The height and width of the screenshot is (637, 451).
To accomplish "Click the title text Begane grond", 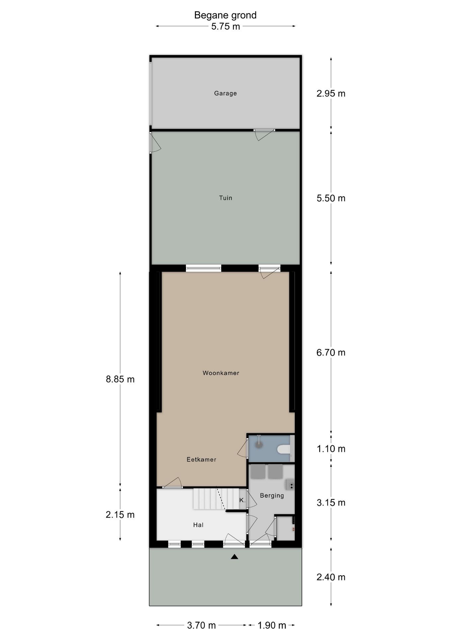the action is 225,15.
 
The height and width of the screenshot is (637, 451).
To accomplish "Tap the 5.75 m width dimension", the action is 225,26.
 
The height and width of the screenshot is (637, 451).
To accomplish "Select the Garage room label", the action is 225,93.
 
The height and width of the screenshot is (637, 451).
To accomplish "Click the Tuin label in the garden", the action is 225,198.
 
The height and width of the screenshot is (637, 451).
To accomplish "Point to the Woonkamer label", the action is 221,373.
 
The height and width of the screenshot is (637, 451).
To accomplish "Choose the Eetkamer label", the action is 201,460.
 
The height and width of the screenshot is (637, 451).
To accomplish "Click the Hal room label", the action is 198,525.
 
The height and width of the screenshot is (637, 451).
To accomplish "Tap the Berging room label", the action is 272,496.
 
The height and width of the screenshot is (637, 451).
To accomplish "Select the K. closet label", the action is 242,500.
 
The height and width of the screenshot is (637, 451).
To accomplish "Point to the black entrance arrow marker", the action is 234,557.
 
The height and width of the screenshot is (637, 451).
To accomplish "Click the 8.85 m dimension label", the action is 120,379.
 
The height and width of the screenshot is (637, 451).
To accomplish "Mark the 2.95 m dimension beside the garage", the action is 331,94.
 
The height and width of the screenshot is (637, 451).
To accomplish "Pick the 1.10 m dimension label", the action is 331,449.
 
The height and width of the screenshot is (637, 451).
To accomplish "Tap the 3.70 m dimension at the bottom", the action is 201,625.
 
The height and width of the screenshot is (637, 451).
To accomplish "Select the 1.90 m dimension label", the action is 272,625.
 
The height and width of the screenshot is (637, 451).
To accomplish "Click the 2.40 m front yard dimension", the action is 331,577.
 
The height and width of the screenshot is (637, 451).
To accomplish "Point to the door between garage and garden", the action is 264,134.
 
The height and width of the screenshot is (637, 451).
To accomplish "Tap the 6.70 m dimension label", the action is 331,352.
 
